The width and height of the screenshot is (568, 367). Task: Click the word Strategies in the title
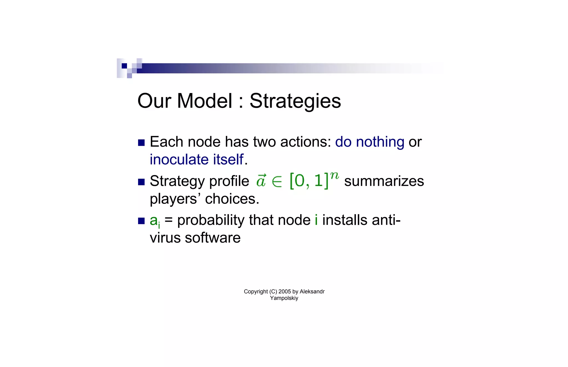tap(295, 101)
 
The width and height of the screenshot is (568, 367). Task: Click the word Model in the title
tap(204, 101)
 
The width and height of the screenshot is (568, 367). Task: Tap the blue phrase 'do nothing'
tap(369, 142)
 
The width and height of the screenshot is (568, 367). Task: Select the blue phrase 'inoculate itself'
tap(196, 160)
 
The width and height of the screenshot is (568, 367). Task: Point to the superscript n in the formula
tap(334, 175)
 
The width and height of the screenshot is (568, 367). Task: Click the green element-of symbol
tap(277, 182)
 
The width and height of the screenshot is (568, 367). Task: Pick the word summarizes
tap(384, 181)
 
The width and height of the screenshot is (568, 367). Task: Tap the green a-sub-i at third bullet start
tap(154, 221)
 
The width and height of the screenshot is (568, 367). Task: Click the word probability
tap(211, 220)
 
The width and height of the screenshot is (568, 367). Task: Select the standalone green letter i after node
tap(316, 220)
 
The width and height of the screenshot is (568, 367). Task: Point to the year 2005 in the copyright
tap(285, 291)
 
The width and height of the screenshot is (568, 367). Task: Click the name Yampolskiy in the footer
tap(284, 298)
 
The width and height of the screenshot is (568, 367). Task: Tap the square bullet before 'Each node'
tap(141, 143)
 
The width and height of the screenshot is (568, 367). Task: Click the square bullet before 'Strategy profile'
tap(141, 182)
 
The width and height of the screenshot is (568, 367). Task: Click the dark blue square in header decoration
tap(124, 66)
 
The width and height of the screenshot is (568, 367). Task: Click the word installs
tap(345, 220)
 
